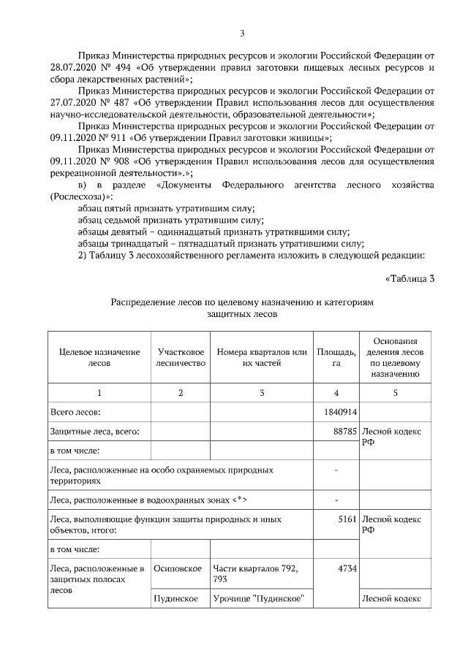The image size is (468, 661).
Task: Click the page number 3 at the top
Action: point(242,32)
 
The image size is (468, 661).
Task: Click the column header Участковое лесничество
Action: point(181,357)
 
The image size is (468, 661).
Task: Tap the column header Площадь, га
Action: point(336,357)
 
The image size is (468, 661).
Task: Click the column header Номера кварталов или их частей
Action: point(262,357)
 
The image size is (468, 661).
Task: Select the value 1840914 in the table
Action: point(339,413)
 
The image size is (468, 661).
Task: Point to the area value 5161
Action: point(347,519)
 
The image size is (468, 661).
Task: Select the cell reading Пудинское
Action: point(176,599)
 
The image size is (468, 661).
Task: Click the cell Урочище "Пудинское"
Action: point(258,599)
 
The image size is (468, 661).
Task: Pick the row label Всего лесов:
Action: point(75,413)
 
